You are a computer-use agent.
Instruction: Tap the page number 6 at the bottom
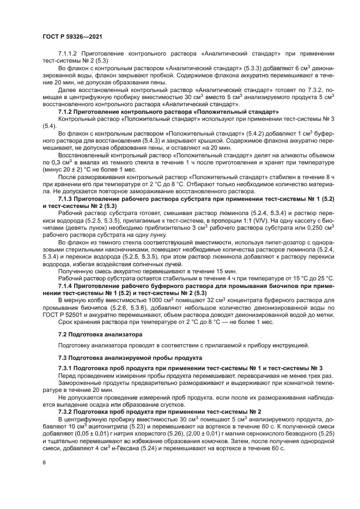[44, 462]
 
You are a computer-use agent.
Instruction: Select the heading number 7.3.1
[66, 369]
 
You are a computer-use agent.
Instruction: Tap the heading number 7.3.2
[66, 411]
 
